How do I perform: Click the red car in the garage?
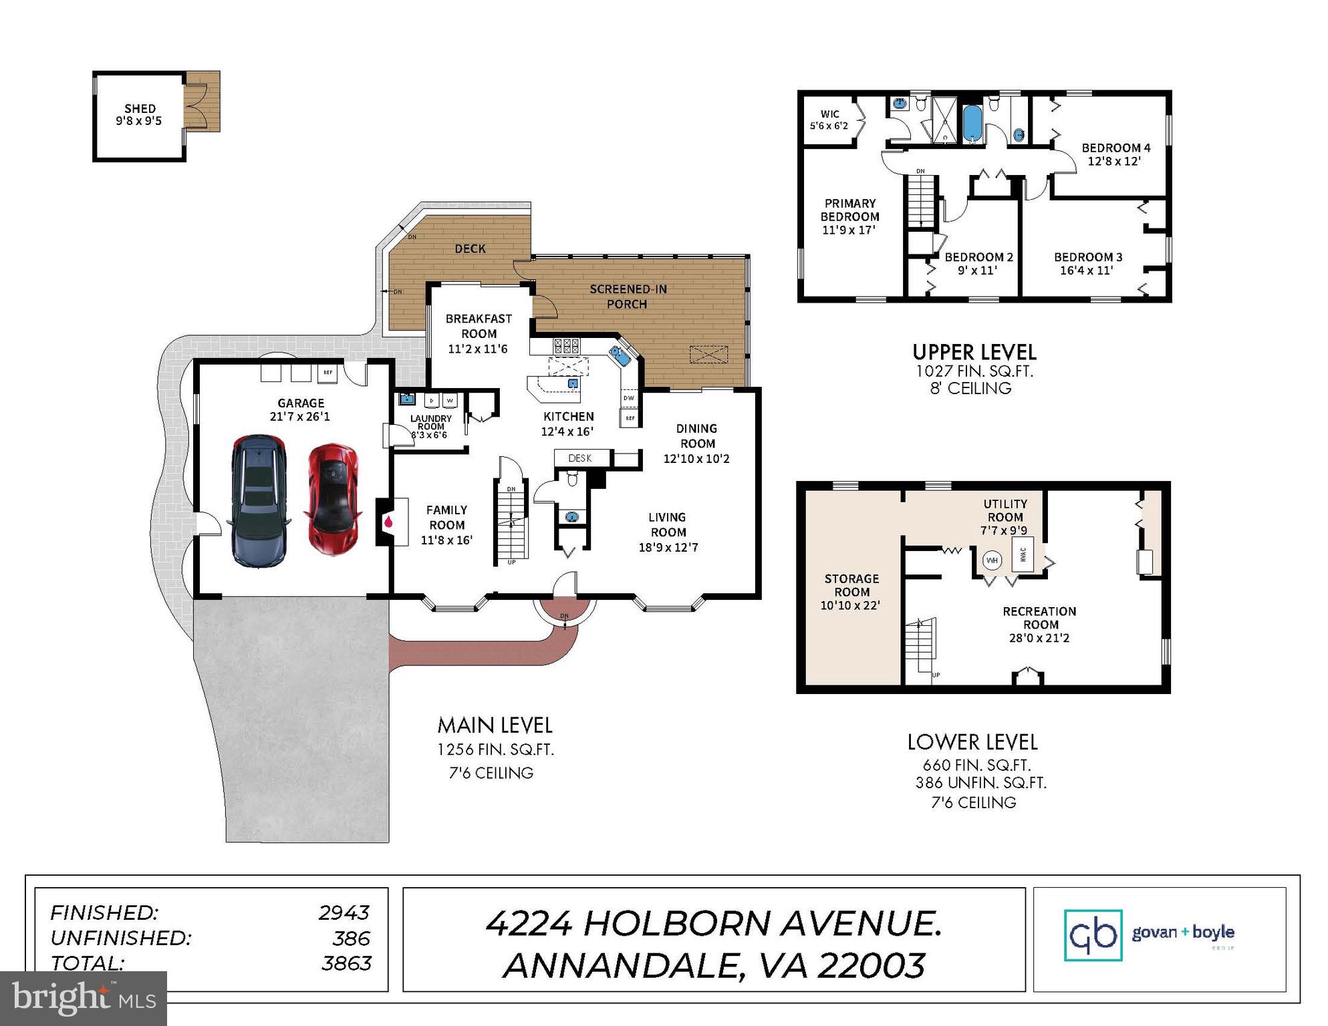coord(333,500)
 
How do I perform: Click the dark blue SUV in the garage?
coord(259,501)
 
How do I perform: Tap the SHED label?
coord(140,108)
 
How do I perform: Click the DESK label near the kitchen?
coord(579,458)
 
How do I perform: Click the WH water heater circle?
coord(992,560)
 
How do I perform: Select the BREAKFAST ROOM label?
coord(479,326)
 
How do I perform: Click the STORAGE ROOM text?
coord(851,585)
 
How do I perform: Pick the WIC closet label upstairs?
coord(829,114)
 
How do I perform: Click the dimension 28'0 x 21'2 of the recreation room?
coord(1039,638)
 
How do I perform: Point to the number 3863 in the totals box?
coord(346,963)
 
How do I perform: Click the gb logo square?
coord(1093,934)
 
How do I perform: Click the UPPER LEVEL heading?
coord(974,352)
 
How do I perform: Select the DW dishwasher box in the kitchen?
coord(629,398)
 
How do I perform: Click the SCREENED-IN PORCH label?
coord(628,297)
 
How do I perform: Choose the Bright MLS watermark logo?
coord(84,999)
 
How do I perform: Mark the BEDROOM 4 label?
coord(1115,148)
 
